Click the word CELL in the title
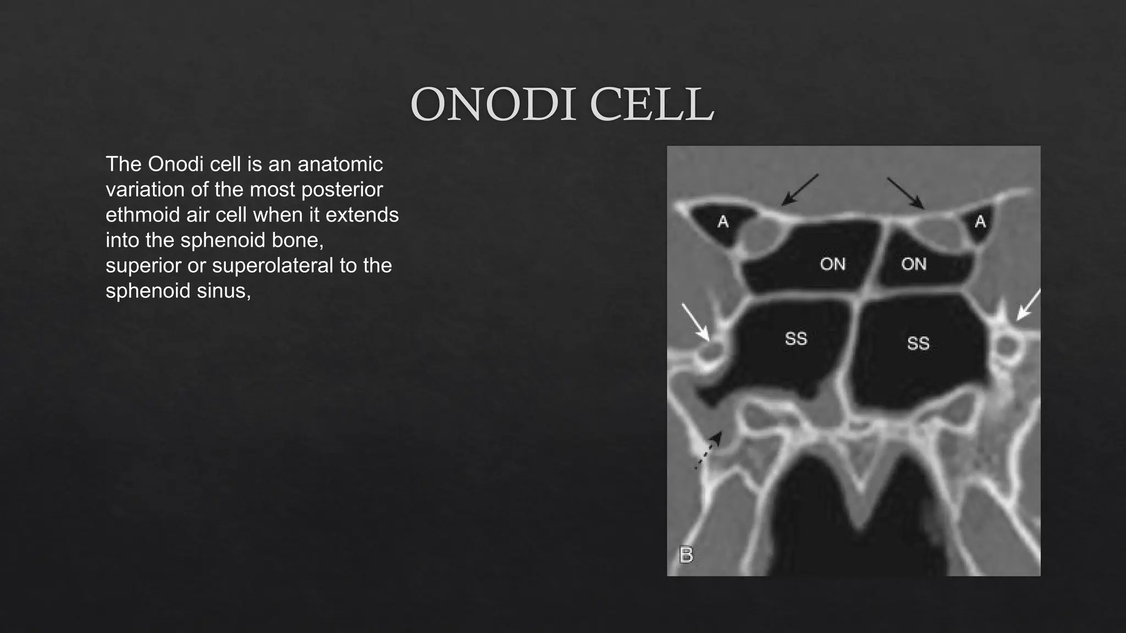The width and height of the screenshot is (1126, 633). tap(652, 104)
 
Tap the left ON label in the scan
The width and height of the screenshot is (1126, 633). tap(832, 264)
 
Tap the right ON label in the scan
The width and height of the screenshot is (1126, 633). tap(914, 264)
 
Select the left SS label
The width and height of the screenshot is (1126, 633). tap(796, 338)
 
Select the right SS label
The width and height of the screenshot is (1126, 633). tap(918, 343)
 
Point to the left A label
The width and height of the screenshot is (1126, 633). tap(723, 222)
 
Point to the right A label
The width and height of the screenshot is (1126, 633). tap(980, 222)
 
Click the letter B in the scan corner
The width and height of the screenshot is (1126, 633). tap(686, 554)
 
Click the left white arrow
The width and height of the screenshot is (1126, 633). tap(695, 321)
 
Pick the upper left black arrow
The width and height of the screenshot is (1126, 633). tap(800, 190)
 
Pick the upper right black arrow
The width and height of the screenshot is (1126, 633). tap(905, 193)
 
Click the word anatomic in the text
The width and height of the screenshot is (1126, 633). tap(340, 164)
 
